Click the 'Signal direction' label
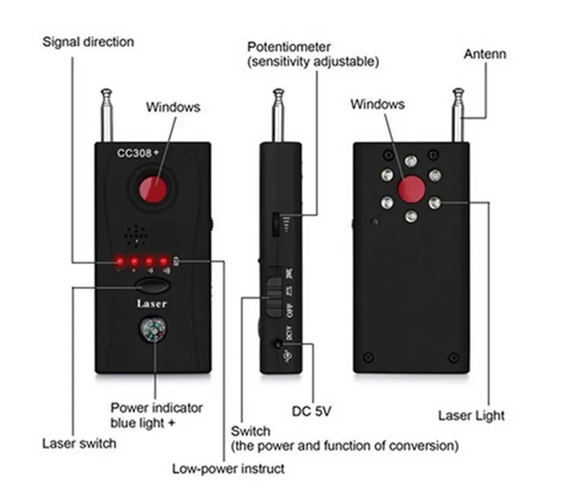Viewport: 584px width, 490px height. [x=88, y=42]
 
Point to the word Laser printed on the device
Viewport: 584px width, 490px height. [x=153, y=303]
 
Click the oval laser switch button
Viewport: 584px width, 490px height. [x=153, y=286]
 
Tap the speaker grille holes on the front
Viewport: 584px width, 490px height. [x=137, y=235]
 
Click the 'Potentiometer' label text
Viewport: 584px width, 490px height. [x=288, y=47]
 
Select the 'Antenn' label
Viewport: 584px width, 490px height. [x=485, y=54]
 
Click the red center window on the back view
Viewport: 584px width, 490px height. [x=411, y=189]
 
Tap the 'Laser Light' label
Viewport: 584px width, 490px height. [x=471, y=416]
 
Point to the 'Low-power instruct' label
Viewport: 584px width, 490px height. [x=228, y=468]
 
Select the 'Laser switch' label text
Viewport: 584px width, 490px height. [x=79, y=443]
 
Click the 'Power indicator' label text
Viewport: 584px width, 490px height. [x=156, y=407]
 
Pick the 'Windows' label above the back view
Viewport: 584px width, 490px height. [x=377, y=104]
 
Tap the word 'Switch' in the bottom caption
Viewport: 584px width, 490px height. [x=250, y=431]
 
